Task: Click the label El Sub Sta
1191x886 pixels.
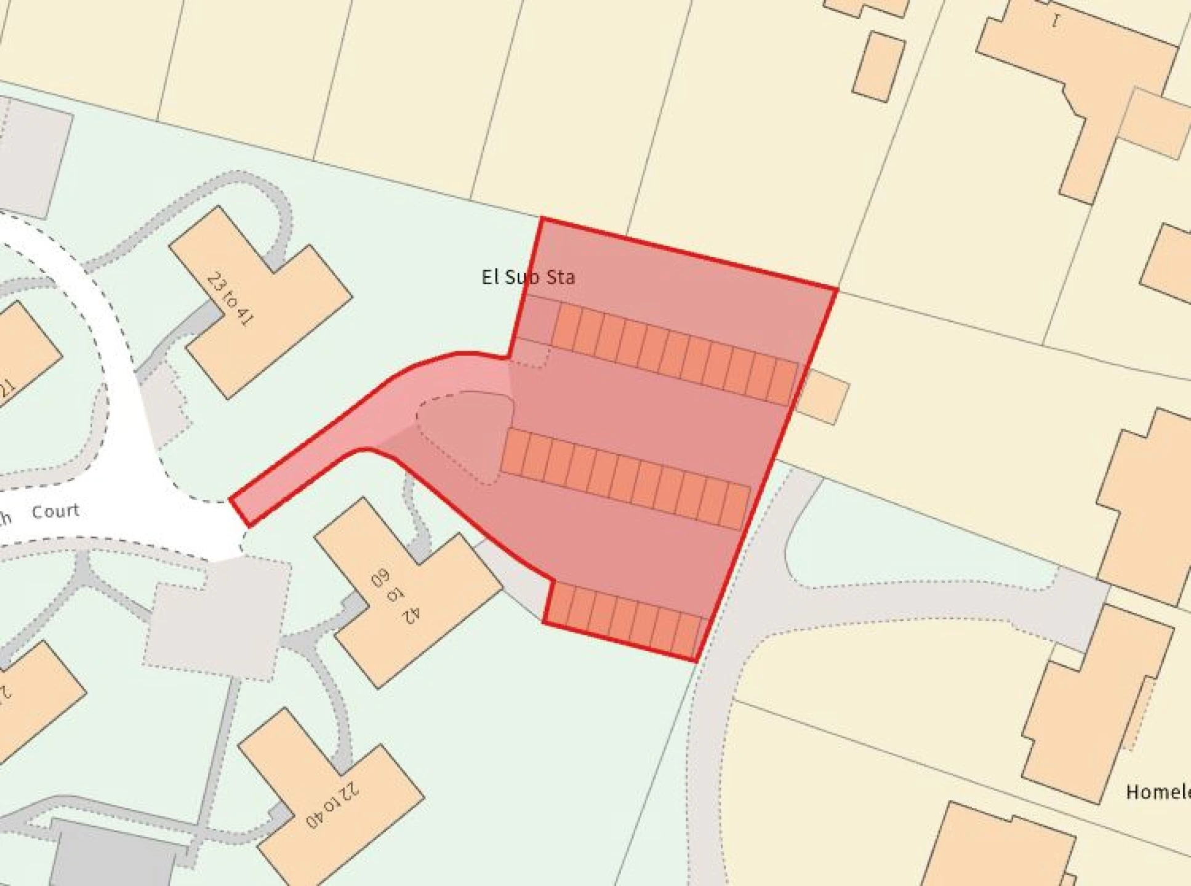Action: tap(528, 277)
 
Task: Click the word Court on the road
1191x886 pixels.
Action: tap(55, 511)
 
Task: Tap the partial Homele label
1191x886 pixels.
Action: tap(1157, 792)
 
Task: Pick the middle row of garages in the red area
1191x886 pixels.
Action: tap(625, 479)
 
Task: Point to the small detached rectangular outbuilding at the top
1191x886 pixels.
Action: tap(878, 66)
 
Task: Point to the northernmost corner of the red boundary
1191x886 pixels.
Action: tap(542, 219)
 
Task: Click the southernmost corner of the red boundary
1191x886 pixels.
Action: tap(695, 661)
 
